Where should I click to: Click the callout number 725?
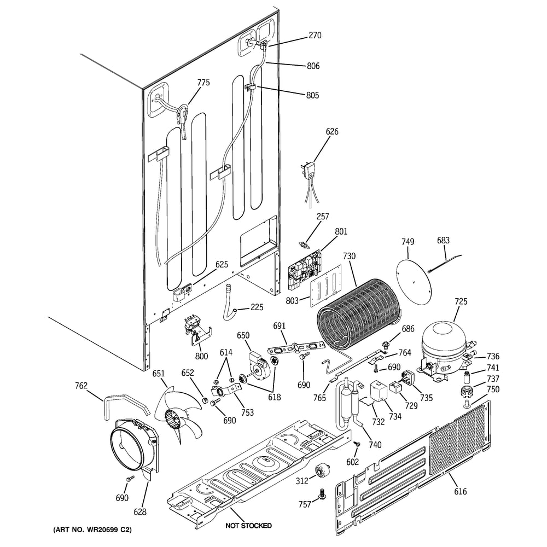461,301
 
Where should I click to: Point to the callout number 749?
408,242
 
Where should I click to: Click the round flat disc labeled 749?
414,281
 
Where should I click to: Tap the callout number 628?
140,512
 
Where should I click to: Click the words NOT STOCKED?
248,525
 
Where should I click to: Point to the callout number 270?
315,35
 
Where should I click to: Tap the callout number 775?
203,83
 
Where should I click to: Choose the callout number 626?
332,131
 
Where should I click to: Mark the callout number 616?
460,491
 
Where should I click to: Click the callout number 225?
257,307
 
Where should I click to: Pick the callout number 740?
375,445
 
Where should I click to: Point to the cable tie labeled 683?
444,263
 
